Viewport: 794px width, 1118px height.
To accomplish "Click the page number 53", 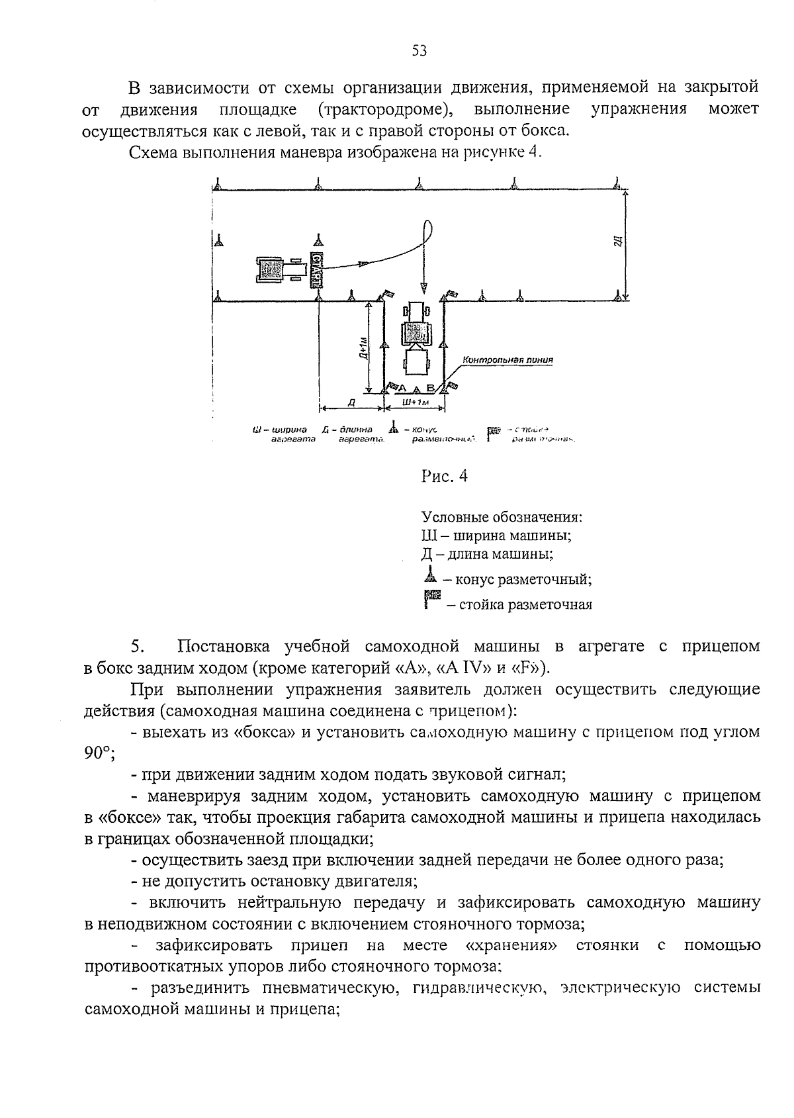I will (x=419, y=51).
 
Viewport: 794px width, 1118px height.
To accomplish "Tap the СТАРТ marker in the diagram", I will (x=317, y=269).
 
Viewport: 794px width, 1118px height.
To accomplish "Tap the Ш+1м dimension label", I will (x=415, y=402).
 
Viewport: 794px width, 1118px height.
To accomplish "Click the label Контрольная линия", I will (x=507, y=360).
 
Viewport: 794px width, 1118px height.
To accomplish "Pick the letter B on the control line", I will (x=430, y=389).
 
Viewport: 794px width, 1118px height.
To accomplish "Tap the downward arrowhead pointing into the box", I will (x=421, y=286).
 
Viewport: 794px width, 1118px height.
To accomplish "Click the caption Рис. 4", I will (x=444, y=476).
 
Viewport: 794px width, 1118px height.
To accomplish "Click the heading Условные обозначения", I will (x=502, y=516).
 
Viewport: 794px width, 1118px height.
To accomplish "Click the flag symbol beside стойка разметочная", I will (x=431, y=600).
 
